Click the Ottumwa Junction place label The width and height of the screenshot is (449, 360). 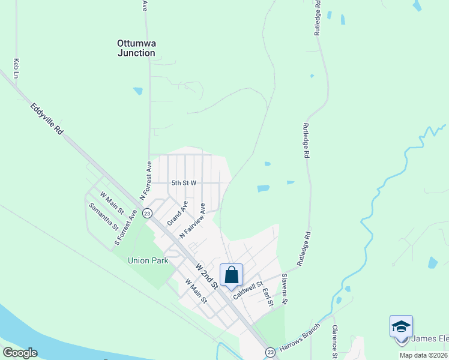coord(136,48)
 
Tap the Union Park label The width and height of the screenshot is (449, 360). coord(148,260)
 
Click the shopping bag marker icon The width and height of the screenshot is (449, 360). coord(232,275)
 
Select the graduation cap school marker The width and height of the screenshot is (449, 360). coord(401,327)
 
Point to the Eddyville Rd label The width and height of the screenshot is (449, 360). coord(47,119)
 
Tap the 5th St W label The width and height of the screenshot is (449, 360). coord(184,183)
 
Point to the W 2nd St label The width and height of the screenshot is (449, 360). coord(206,274)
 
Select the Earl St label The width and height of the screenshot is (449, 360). coord(268,297)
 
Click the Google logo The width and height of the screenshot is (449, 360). coord(20,353)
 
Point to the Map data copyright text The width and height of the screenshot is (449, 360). coord(424,355)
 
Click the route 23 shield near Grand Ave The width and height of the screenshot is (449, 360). coord(147,213)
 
